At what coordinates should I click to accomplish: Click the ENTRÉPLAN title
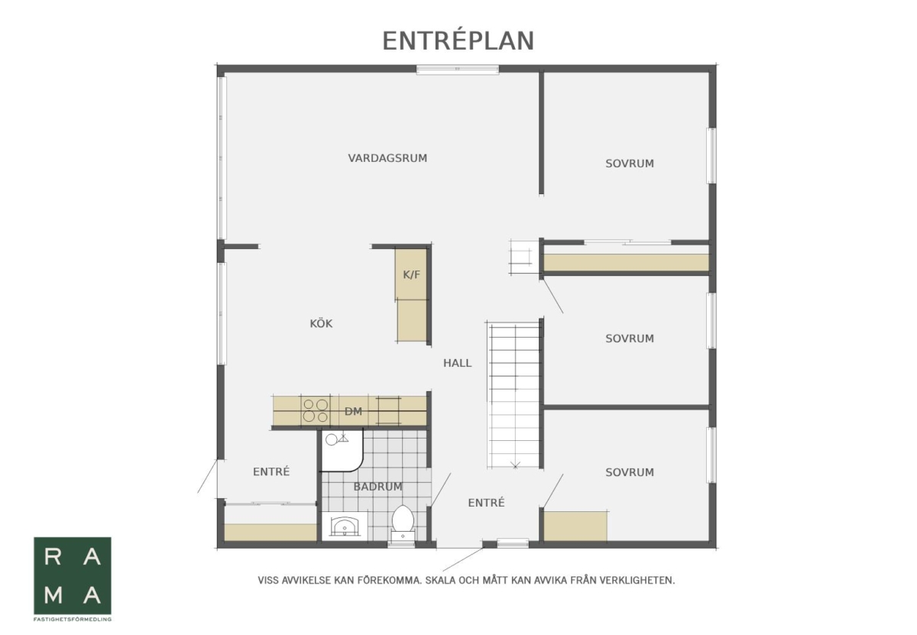click(458, 40)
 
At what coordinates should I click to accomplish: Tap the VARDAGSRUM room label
click(387, 158)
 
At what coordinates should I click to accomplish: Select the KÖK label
click(321, 323)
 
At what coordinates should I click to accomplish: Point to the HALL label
click(457, 363)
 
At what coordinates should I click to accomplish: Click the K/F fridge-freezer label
click(411, 274)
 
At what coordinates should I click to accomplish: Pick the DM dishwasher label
click(353, 411)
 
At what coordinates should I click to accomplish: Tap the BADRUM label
click(377, 487)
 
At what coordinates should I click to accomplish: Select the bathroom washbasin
click(345, 525)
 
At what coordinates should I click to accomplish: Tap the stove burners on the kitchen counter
click(316, 410)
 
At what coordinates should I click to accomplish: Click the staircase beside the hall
click(514, 394)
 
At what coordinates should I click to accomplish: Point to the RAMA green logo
click(73, 575)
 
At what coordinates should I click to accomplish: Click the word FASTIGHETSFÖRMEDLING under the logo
click(73, 620)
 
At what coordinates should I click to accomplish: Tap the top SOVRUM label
click(629, 164)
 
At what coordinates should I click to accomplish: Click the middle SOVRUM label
click(629, 339)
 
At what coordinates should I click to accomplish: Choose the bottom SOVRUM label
click(629, 472)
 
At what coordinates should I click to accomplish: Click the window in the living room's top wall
click(458, 70)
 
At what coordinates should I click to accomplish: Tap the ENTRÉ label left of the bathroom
click(271, 471)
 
